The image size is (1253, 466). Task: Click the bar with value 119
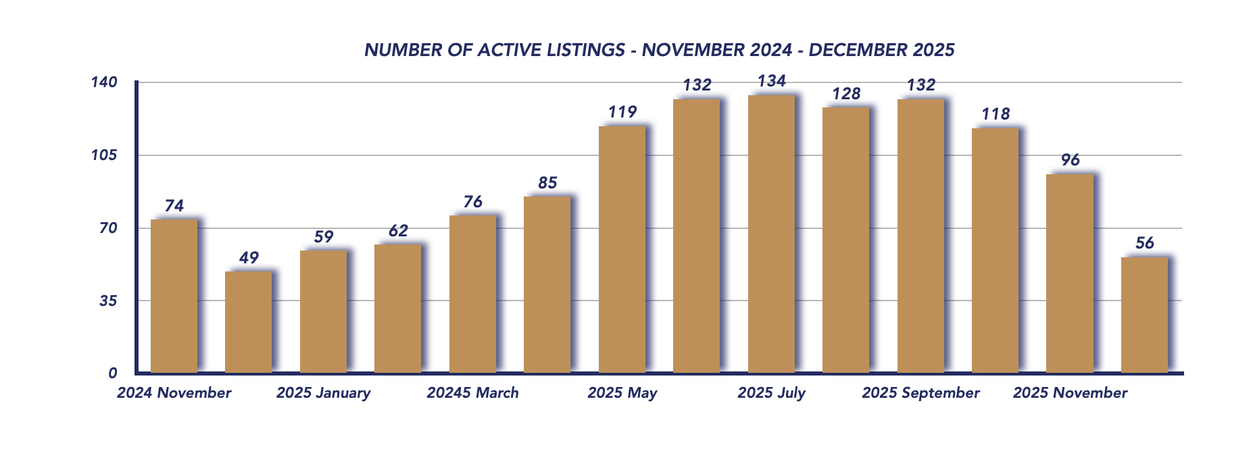click(622, 249)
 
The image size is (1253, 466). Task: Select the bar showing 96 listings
click(1069, 274)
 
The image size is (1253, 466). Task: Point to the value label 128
click(846, 94)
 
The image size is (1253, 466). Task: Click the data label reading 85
click(547, 183)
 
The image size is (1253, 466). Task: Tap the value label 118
click(996, 114)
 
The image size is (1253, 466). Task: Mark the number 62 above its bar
click(398, 231)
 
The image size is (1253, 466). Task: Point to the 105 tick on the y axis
click(104, 155)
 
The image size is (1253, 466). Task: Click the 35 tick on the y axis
click(108, 301)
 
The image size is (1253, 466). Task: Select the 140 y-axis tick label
click(104, 82)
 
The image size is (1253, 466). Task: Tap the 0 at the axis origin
click(113, 373)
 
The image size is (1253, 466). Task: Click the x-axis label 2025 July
click(771, 393)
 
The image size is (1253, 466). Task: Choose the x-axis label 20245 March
click(472, 393)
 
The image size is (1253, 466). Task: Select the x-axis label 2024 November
click(174, 393)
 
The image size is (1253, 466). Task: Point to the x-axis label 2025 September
click(920, 393)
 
